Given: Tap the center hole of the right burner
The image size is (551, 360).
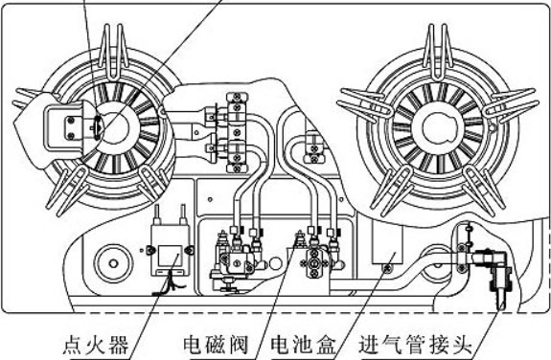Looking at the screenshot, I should click(x=439, y=124).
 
